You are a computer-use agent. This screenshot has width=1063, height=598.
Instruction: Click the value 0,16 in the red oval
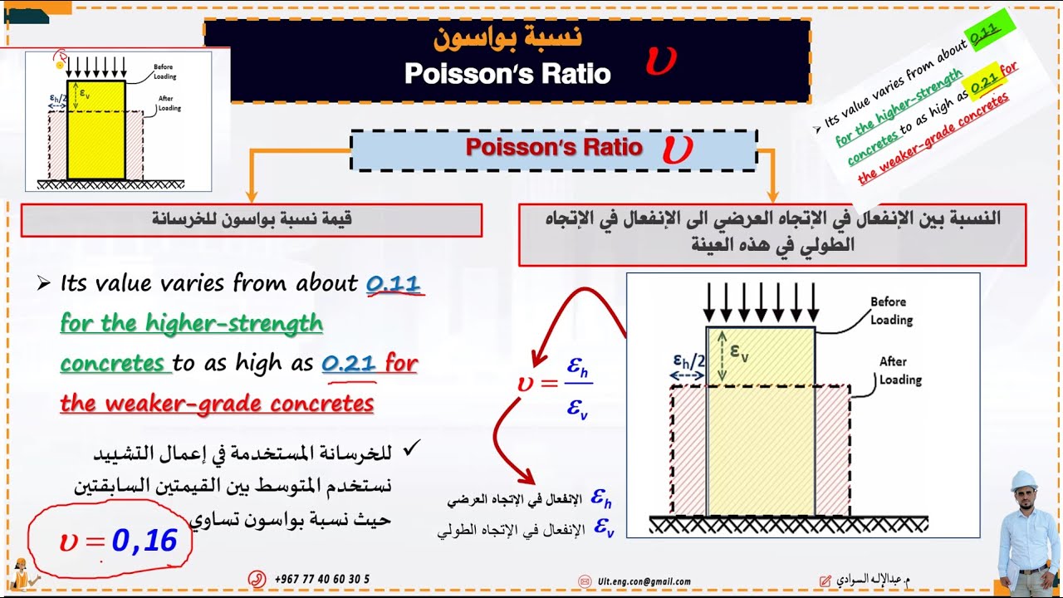point(145,542)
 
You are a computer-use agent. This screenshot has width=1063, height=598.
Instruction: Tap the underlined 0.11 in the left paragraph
point(394,284)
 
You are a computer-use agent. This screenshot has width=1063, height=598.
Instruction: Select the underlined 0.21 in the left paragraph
point(350,364)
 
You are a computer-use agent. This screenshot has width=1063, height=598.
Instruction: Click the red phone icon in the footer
point(257,579)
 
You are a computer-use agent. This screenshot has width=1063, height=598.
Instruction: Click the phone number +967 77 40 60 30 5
point(321,579)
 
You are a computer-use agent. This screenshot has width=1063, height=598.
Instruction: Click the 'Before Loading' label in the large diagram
point(891,311)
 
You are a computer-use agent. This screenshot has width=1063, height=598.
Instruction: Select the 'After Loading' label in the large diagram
point(899,370)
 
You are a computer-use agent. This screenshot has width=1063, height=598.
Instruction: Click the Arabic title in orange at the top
point(507,37)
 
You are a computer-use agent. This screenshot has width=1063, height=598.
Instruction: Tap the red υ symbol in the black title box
point(661,60)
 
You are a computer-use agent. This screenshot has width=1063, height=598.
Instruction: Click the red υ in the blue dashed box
point(677,149)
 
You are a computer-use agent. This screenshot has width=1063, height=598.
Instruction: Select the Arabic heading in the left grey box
point(252,219)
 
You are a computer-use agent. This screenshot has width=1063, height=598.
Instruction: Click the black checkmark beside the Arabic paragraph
point(410,450)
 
